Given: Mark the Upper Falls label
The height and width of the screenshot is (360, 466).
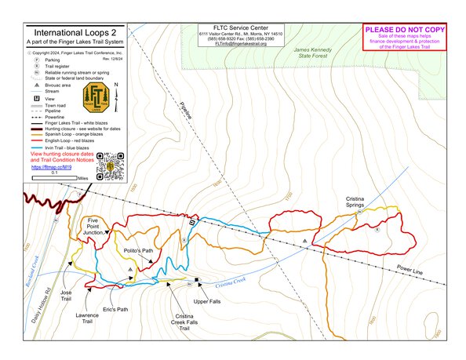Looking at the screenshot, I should point(207,300).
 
